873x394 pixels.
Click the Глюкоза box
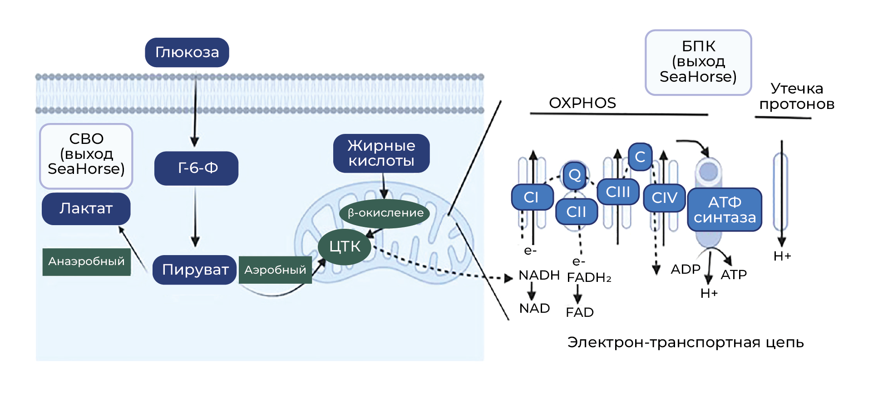pyautogui.click(x=187, y=53)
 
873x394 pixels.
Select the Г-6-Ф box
pyautogui.click(x=196, y=168)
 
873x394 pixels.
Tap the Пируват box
pyautogui.click(x=195, y=270)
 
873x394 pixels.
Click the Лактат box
pyautogui.click(x=86, y=209)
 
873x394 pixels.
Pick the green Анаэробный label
pyautogui.click(x=87, y=262)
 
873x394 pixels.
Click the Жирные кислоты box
pyautogui.click(x=381, y=153)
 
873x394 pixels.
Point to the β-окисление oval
pyautogui.click(x=385, y=213)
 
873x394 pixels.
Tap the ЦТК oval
pyautogui.click(x=345, y=247)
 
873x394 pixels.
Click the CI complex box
pyautogui.click(x=532, y=197)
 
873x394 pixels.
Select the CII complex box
pyautogui.click(x=576, y=212)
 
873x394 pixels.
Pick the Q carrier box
pyautogui.click(x=575, y=175)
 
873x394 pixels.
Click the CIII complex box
pyautogui.click(x=618, y=192)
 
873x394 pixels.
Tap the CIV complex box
pyautogui.click(x=664, y=198)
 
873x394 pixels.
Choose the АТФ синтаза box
pyautogui.click(x=725, y=210)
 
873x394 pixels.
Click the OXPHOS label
pyautogui.click(x=582, y=103)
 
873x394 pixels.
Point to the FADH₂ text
pyautogui.click(x=589, y=277)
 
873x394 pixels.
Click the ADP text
pyautogui.click(x=686, y=269)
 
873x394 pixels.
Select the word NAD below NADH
pyautogui.click(x=534, y=309)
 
